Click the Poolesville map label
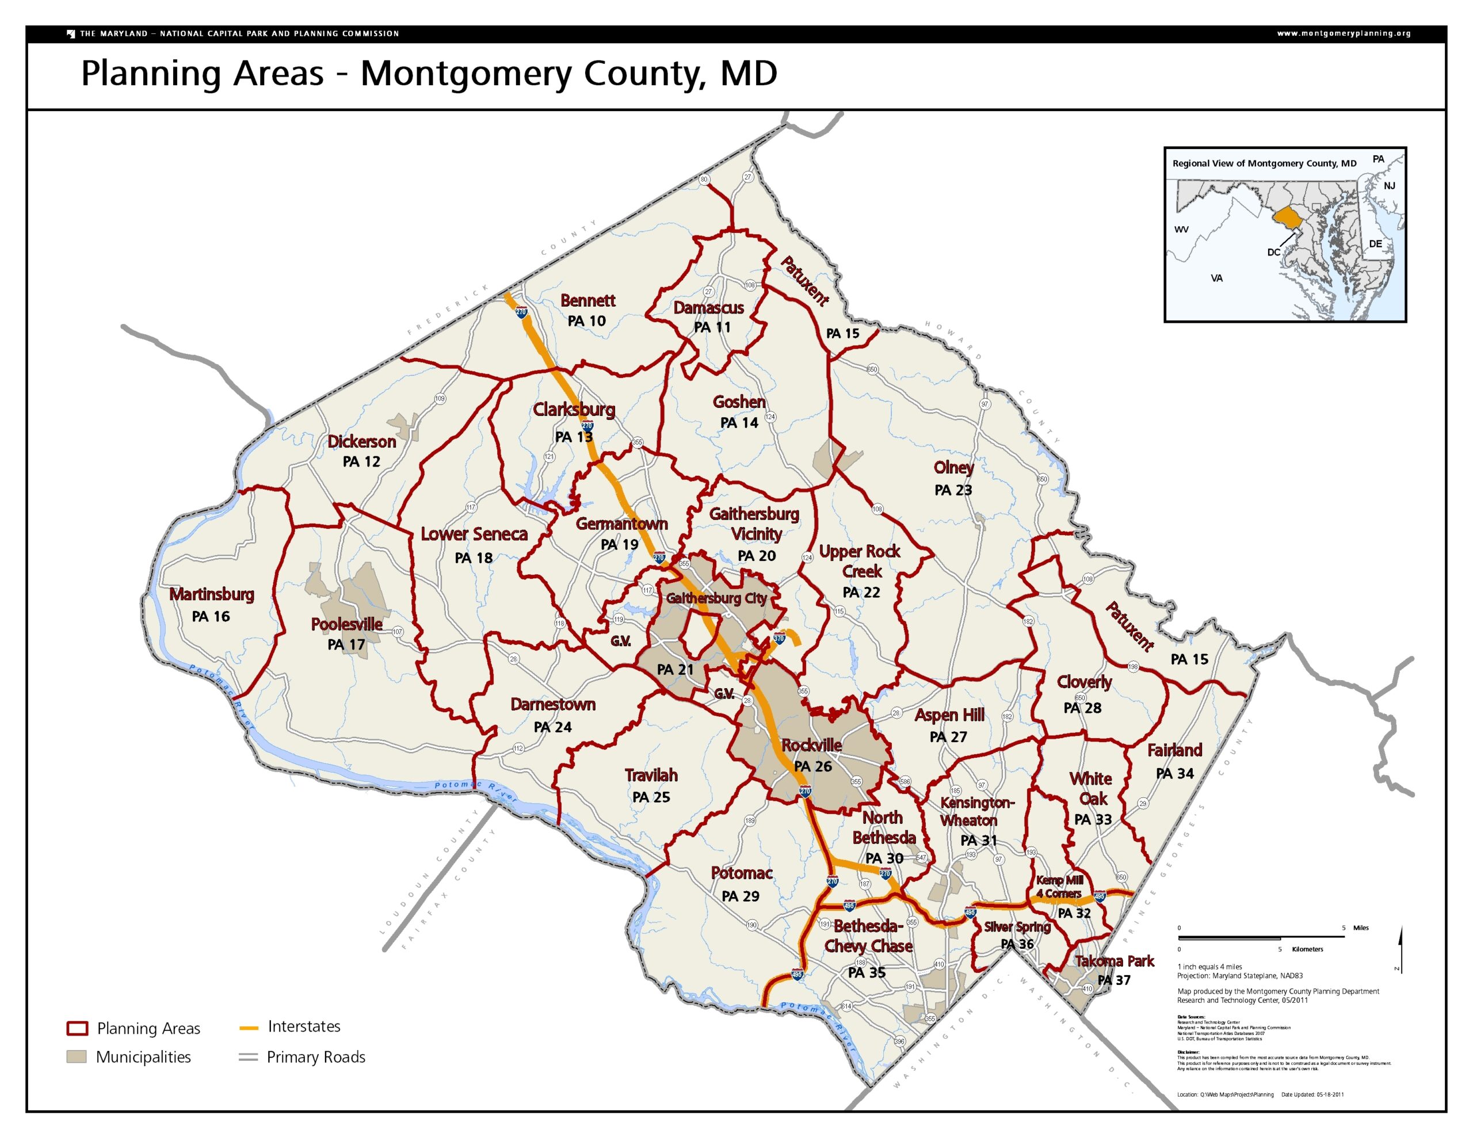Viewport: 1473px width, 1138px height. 346,624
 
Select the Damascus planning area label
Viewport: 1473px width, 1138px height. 708,308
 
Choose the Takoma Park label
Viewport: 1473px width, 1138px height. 1114,961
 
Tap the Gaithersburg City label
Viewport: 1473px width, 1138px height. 716,598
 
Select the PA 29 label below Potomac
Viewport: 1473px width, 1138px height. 740,896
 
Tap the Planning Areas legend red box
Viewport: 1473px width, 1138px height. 78,1028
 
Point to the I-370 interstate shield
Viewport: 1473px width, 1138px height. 779,638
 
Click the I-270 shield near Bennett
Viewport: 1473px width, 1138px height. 521,312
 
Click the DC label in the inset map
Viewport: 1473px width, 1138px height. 1273,253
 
